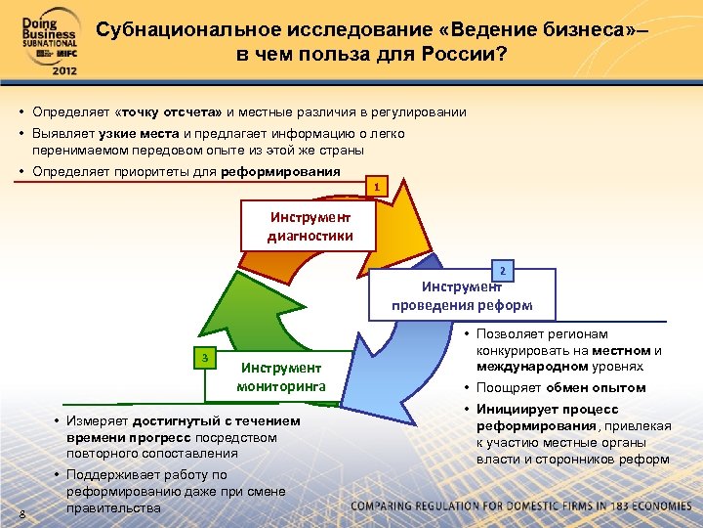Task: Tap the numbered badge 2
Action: pyautogui.click(x=502, y=270)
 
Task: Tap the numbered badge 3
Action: pyautogui.click(x=204, y=358)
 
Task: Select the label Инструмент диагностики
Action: pyautogui.click(x=310, y=226)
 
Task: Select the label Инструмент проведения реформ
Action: pyautogui.click(x=462, y=295)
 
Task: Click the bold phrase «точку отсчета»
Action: pyautogui.click(x=169, y=112)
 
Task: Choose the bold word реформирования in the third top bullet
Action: pyautogui.click(x=281, y=172)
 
